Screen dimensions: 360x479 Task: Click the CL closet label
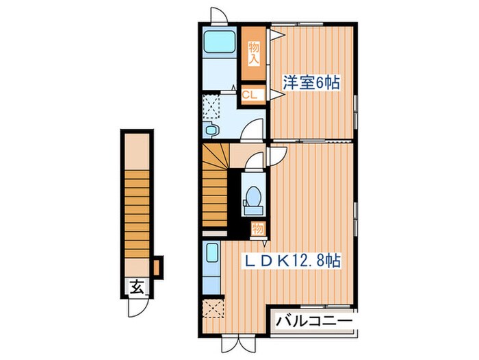[x=250, y=95]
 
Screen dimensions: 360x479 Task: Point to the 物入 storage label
[x=254, y=53]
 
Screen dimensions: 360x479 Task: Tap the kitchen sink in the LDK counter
[x=211, y=256]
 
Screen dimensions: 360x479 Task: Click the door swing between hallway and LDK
[x=275, y=156]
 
